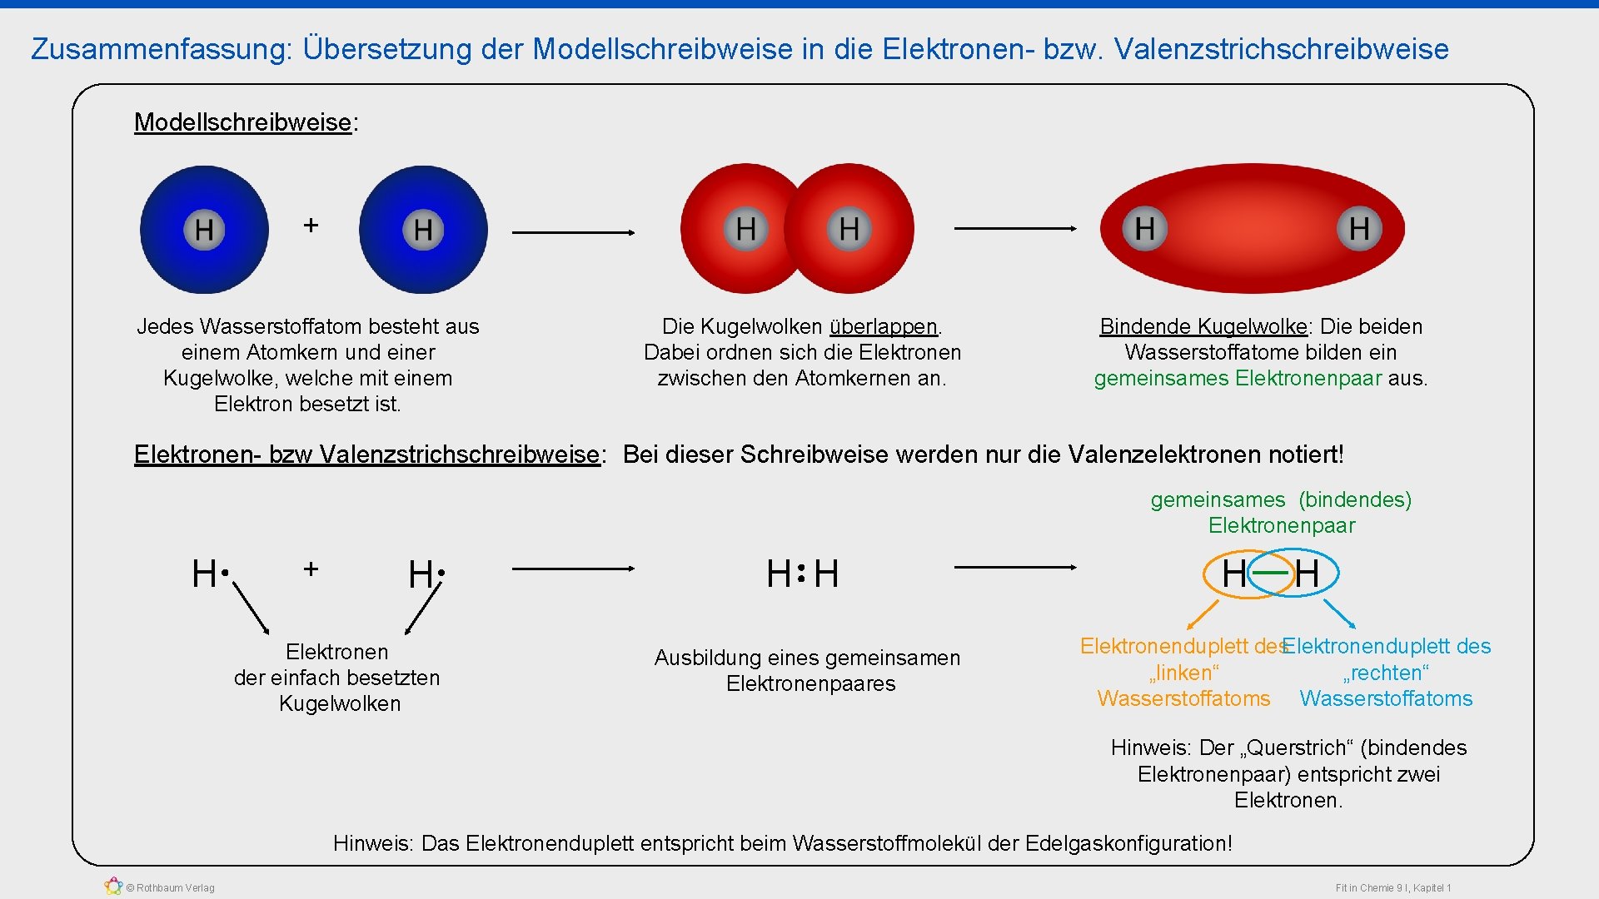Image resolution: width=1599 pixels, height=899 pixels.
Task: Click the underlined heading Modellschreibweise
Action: (242, 122)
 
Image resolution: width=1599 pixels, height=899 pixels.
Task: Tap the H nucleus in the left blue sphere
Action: (204, 229)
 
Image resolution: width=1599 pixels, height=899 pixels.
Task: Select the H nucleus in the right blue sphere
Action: (423, 229)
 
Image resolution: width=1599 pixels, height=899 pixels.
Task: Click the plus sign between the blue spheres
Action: (311, 225)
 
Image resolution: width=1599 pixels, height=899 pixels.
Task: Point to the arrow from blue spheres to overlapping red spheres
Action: (573, 232)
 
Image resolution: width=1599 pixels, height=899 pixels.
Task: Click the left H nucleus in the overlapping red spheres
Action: (746, 228)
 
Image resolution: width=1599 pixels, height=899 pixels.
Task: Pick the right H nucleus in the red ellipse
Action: (1359, 228)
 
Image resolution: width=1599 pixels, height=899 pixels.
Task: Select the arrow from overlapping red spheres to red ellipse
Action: (1015, 228)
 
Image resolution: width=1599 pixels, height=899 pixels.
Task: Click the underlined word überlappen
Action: (883, 326)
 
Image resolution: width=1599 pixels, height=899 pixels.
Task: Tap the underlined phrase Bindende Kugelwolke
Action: (1203, 326)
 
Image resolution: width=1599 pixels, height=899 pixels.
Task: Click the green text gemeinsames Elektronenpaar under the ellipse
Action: (1238, 379)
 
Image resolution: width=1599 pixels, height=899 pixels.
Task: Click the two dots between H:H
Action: (801, 573)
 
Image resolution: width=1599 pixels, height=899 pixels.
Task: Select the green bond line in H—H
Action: (1270, 573)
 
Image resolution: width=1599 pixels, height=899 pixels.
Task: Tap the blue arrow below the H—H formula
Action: (1339, 613)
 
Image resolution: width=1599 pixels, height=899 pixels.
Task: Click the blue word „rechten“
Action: (1386, 673)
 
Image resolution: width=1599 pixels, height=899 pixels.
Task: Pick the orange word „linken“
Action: (1183, 673)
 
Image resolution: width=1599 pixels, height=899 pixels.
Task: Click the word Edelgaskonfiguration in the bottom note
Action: (1127, 843)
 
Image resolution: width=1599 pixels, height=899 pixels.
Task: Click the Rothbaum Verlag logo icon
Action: (113, 887)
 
